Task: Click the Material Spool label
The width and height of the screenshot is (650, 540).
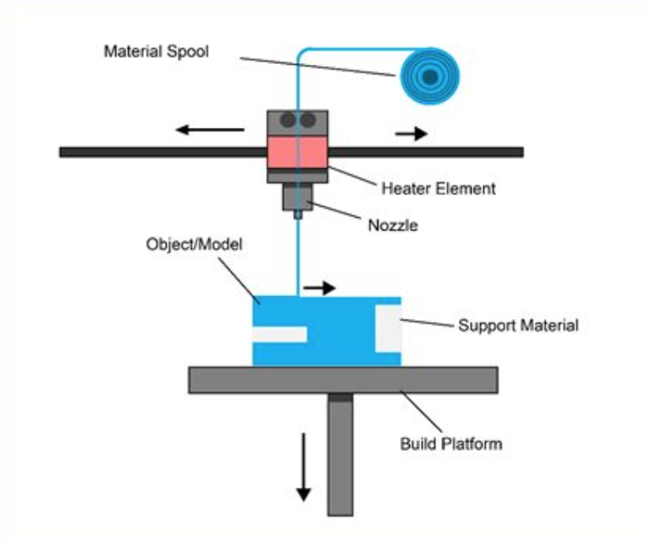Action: tap(157, 52)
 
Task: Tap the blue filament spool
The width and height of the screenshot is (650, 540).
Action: tap(430, 77)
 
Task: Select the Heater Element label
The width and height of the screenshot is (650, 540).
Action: tap(438, 189)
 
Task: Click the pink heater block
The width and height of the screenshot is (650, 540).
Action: tap(297, 152)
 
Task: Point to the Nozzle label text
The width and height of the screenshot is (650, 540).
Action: tap(393, 225)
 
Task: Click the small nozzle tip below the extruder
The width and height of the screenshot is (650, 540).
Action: tap(298, 215)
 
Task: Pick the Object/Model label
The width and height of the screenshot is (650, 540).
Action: tap(194, 244)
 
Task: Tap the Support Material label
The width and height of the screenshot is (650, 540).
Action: tap(518, 326)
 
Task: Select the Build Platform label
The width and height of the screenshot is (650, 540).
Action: tap(451, 444)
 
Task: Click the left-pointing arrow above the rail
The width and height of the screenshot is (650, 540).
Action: tap(210, 130)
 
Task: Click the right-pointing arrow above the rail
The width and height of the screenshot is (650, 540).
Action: tap(411, 134)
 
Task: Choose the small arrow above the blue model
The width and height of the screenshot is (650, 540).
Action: tap(319, 288)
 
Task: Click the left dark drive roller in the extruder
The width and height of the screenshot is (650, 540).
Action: tap(288, 120)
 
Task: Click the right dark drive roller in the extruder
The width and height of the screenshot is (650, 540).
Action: tap(307, 120)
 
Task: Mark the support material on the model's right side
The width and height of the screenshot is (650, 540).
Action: tap(388, 329)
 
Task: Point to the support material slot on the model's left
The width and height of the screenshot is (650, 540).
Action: tap(280, 335)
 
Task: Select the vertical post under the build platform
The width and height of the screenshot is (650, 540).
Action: tap(340, 455)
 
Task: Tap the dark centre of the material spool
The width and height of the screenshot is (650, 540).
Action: tap(430, 77)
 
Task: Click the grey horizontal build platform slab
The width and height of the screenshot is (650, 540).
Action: tap(344, 379)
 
